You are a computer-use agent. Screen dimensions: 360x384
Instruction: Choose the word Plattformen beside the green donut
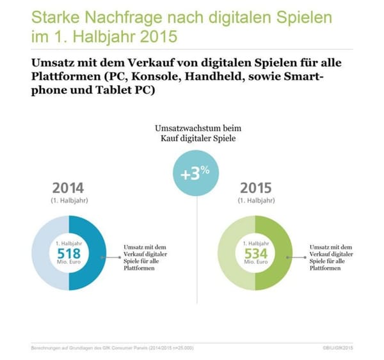326,269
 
